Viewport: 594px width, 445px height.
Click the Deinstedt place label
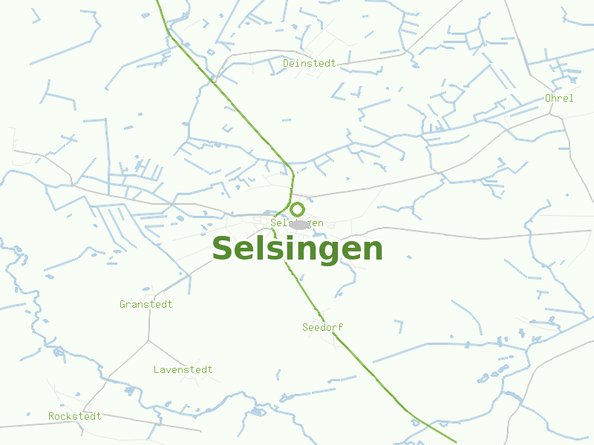pos(309,64)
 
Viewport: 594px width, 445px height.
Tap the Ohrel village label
pos(559,98)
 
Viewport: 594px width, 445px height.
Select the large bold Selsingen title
pos(297,249)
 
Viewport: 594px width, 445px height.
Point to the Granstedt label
pos(146,304)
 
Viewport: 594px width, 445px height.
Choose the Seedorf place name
pos(323,327)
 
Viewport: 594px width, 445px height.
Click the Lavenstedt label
pos(183,369)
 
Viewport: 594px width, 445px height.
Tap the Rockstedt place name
pos(75,416)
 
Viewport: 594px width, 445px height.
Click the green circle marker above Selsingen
pos(297,210)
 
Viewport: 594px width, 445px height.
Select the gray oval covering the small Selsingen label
pos(298,224)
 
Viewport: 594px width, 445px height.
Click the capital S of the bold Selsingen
pos(223,249)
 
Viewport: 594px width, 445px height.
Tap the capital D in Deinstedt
pos(286,64)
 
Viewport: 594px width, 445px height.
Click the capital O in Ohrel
pos(548,98)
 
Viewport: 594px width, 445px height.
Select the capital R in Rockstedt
pos(51,417)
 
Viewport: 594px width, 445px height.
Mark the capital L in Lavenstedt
pos(157,369)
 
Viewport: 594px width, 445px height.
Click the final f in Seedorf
pos(341,327)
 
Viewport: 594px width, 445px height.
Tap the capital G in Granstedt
pos(123,304)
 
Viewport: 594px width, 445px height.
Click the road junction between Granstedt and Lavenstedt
pos(148,340)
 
